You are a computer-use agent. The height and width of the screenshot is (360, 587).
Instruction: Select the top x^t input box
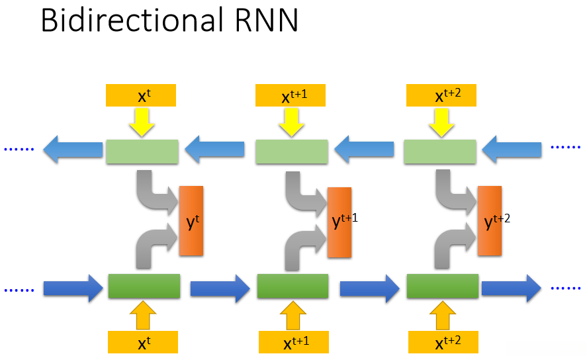pos(141,95)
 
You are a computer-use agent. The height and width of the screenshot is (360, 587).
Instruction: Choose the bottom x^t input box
pos(142,343)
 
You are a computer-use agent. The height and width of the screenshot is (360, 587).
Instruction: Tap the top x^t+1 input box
pos(291,95)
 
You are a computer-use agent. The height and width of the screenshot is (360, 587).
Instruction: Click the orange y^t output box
pos(191,222)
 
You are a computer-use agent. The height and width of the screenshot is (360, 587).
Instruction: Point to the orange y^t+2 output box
pos(489,222)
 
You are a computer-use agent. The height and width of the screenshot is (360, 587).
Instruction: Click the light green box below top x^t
pos(142,152)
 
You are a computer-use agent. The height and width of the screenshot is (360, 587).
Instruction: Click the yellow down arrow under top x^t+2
pos(440,122)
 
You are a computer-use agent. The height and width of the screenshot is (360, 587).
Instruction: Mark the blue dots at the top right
pos(565,147)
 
